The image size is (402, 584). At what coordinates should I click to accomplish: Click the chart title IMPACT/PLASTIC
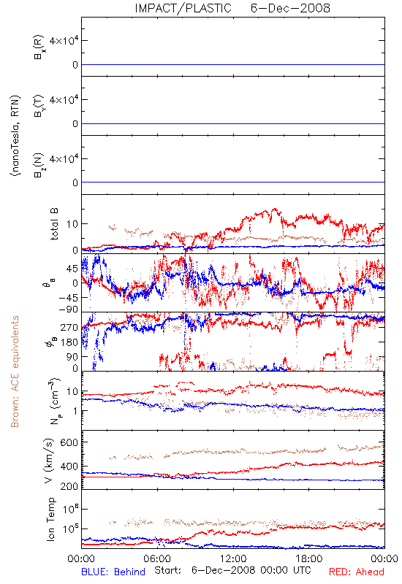(x=183, y=8)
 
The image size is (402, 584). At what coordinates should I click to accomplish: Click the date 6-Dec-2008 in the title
(x=290, y=8)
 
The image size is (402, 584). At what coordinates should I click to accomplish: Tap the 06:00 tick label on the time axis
(x=157, y=558)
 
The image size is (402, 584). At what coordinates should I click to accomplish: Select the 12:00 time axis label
(x=233, y=558)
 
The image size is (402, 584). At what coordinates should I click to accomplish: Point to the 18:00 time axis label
(x=309, y=558)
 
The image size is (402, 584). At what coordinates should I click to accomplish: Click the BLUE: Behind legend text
(x=113, y=572)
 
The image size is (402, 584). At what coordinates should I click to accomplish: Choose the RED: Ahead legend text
(x=357, y=572)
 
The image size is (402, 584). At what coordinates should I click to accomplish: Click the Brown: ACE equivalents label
(x=15, y=372)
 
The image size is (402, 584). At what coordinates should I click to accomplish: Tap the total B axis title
(x=53, y=224)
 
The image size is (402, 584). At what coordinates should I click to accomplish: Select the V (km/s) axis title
(x=49, y=461)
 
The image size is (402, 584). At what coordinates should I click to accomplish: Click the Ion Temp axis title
(x=50, y=519)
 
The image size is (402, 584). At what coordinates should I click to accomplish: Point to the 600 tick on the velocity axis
(x=69, y=442)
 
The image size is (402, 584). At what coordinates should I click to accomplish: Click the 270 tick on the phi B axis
(x=69, y=327)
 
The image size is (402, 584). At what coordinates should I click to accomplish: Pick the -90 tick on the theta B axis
(x=68, y=309)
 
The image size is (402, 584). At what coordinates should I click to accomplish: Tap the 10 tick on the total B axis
(x=72, y=224)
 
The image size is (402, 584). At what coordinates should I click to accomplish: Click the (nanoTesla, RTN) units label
(x=15, y=136)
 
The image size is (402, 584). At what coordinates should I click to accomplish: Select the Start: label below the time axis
(x=168, y=571)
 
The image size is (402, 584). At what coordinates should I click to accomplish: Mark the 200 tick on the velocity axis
(x=69, y=486)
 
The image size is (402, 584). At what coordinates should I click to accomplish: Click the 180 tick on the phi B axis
(x=69, y=342)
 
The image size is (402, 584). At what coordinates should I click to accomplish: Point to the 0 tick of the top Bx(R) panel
(x=75, y=65)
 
